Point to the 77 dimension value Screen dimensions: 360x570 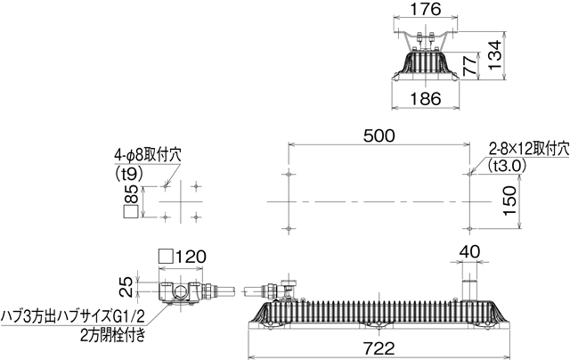[470, 63]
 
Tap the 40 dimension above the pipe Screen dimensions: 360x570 [470, 252]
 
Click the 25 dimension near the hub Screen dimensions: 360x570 [127, 286]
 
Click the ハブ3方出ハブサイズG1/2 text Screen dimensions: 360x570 [71, 316]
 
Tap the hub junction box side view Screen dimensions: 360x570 [182, 290]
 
